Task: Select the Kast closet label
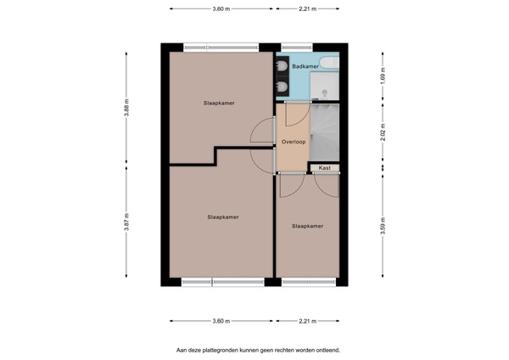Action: (324, 167)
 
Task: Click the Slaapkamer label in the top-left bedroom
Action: (219, 103)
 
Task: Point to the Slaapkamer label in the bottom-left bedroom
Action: (222, 217)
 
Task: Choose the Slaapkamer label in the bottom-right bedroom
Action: (307, 226)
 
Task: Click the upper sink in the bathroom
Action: (282, 65)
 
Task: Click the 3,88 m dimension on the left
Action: (126, 108)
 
